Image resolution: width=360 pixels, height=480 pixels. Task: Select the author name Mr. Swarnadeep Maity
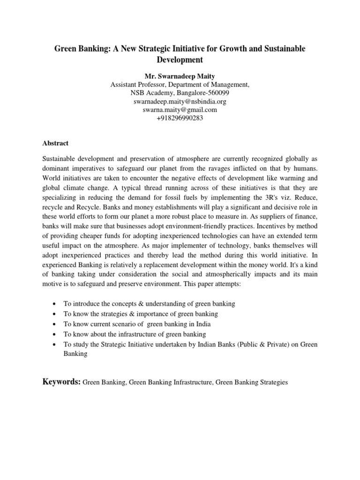click(x=180, y=76)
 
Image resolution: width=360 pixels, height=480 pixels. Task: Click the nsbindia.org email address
click(x=180, y=102)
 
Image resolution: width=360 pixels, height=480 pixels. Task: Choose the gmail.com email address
click(x=180, y=110)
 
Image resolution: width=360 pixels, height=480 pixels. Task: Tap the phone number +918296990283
click(x=180, y=119)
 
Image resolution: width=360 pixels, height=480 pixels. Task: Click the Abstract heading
click(x=55, y=143)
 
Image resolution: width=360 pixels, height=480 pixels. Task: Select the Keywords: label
click(x=61, y=382)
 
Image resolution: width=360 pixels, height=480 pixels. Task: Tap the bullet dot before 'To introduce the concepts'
click(x=56, y=304)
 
